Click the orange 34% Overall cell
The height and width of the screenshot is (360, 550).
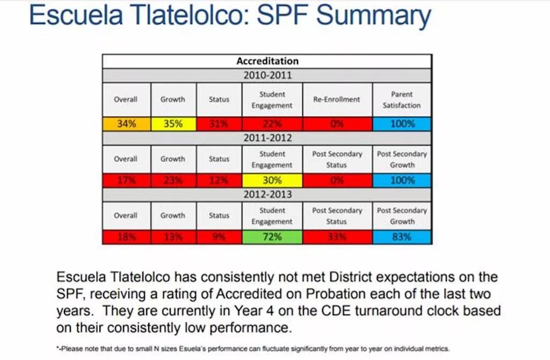point(126,124)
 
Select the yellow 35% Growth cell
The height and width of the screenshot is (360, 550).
point(172,124)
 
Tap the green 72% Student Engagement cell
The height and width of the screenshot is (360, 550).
point(272,237)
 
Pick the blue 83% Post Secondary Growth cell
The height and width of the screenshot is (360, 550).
point(402,237)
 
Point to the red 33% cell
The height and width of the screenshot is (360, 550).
point(337,237)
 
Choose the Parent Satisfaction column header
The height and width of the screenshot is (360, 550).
point(402,99)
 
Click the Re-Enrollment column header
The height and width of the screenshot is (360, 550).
point(337,99)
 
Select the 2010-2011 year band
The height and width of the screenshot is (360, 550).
point(267,75)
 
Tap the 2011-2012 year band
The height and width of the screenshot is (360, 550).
point(267,138)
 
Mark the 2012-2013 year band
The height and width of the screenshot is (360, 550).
point(267,194)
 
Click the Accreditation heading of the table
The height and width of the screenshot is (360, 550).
point(267,61)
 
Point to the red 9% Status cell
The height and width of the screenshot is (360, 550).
point(219,237)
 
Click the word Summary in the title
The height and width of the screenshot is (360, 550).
point(373,16)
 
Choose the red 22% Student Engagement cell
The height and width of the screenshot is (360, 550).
point(272,124)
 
